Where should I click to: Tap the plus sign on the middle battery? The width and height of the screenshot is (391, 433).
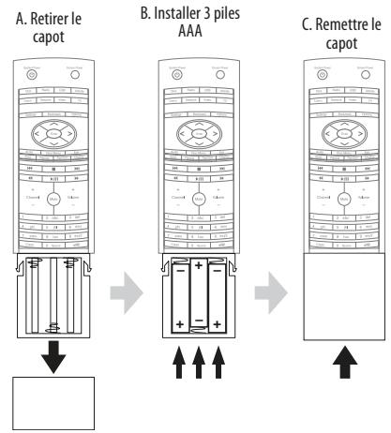pos(197,266)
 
